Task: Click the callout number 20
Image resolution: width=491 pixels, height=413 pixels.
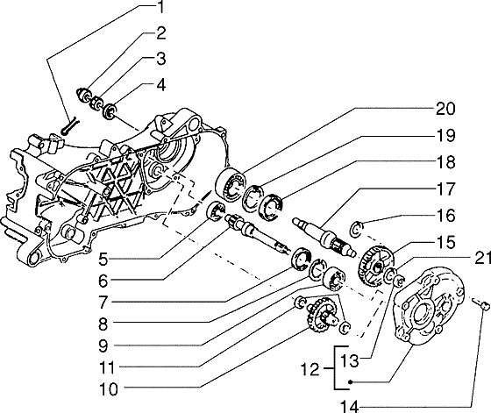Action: [445, 110]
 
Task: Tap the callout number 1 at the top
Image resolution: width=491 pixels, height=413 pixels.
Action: [160, 7]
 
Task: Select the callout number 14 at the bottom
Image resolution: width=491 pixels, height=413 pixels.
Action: [350, 407]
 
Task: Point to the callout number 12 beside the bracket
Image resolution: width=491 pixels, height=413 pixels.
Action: [310, 370]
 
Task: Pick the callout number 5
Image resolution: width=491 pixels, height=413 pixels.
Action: [103, 260]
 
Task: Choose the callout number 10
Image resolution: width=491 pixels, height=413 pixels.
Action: [109, 389]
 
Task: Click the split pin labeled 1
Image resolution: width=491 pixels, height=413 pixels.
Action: [69, 126]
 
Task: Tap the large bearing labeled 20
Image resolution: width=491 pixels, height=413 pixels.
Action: [231, 183]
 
